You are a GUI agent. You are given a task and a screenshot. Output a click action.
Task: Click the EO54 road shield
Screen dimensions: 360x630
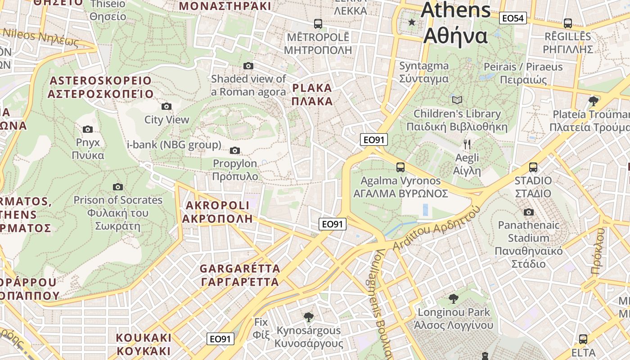point(513,18)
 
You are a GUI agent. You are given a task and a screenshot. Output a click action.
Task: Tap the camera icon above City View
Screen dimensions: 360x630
point(166,107)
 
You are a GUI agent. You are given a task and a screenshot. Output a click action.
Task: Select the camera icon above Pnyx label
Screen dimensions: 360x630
point(88,130)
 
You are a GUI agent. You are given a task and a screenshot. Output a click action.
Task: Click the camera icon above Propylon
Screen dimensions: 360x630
point(235,150)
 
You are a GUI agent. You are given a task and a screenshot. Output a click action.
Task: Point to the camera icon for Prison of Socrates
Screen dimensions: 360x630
point(118,187)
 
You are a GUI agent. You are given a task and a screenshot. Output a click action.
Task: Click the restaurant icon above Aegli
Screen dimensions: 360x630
point(467,144)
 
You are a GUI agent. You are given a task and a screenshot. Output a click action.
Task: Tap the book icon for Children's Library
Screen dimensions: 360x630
point(457,100)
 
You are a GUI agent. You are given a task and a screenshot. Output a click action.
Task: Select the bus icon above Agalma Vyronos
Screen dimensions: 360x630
point(400,167)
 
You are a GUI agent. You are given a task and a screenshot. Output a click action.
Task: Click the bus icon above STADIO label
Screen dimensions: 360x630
point(533,167)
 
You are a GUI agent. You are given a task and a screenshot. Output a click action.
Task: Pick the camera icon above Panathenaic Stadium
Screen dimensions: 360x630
point(529,212)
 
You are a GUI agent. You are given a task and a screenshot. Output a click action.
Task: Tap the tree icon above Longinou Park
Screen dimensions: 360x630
point(454,298)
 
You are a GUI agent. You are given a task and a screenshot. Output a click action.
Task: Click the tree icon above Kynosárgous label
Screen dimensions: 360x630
point(308,317)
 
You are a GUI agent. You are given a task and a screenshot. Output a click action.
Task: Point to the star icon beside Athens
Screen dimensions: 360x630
point(411,22)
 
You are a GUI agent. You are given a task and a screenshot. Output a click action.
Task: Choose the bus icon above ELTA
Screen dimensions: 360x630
point(583,339)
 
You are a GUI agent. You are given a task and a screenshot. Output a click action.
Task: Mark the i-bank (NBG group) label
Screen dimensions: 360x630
point(174,145)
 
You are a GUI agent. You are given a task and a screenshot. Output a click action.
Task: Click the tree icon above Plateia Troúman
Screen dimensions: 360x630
point(594,100)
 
